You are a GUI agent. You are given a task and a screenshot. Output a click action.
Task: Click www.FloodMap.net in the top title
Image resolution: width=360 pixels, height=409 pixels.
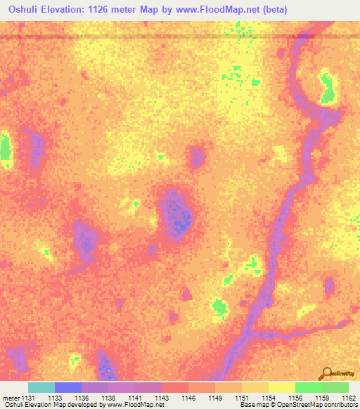click(214, 7)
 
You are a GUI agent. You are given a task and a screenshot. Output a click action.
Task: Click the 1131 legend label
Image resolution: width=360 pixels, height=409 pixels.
click(22, 398)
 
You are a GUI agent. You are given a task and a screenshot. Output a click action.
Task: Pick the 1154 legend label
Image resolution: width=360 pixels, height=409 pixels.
click(262, 398)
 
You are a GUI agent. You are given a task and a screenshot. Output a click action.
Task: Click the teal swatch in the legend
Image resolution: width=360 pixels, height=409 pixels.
click(41, 387)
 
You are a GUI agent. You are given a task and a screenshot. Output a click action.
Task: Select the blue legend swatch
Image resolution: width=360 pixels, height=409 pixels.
click(68, 387)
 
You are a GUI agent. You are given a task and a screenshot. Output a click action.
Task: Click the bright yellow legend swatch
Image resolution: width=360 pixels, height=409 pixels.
click(282, 387)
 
